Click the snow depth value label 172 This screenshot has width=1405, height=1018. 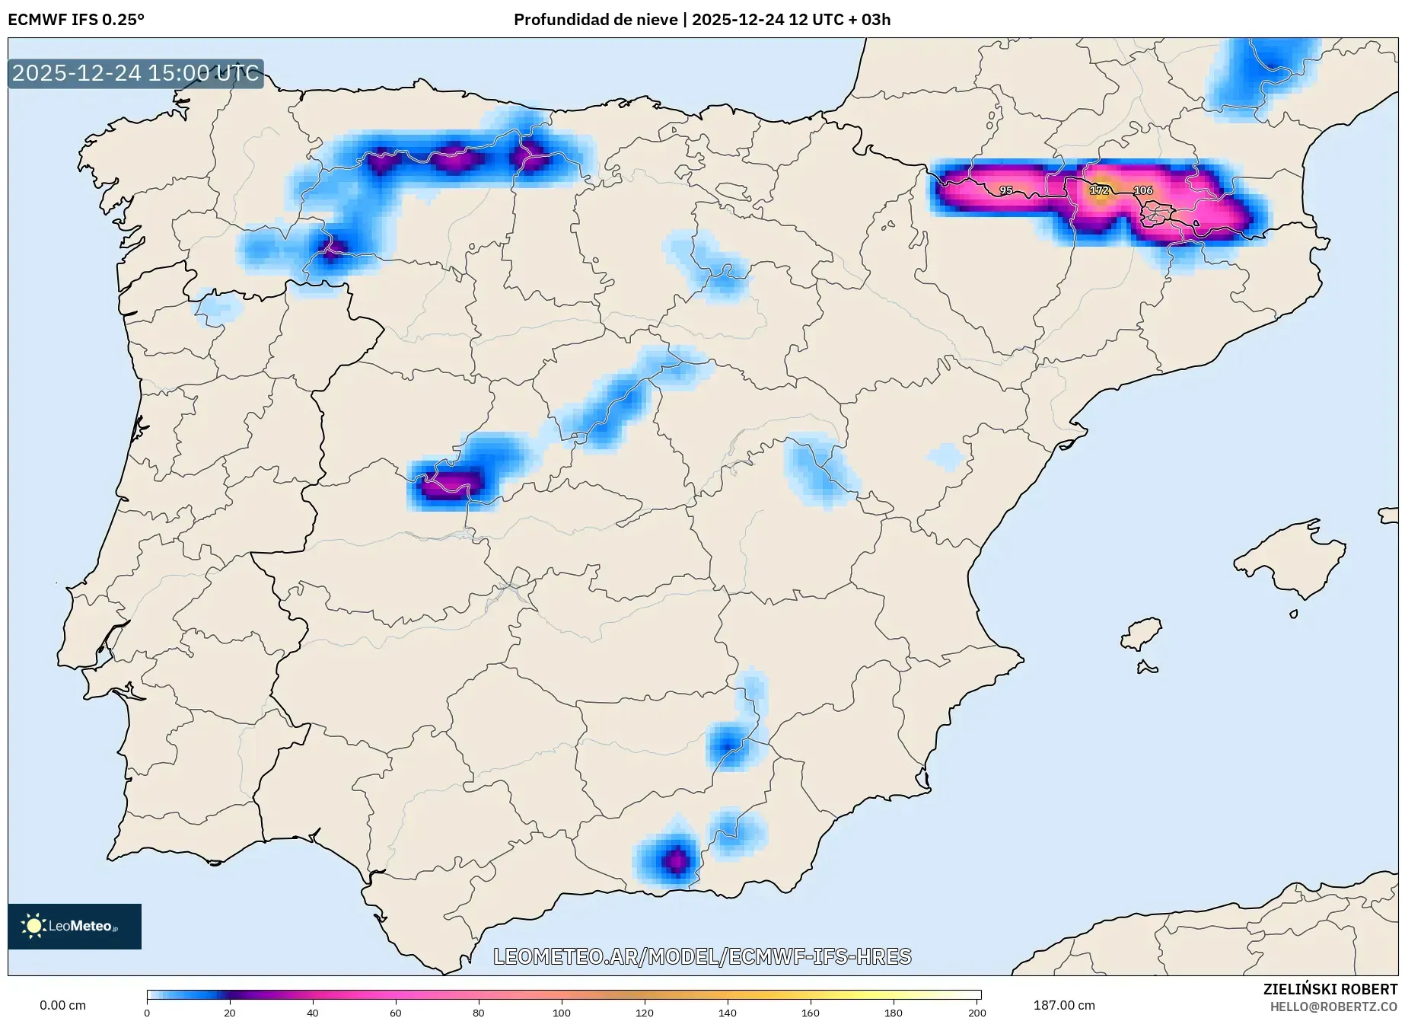(1099, 190)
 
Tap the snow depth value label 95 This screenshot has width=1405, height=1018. (1006, 190)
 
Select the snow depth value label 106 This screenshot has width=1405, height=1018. (1143, 190)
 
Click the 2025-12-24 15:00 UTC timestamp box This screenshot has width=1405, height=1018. (135, 73)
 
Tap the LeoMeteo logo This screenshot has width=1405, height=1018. (75, 926)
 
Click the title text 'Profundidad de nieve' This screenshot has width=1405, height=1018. (595, 19)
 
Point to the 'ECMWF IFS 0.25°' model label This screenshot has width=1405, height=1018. (76, 19)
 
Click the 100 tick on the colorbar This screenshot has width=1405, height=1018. (562, 1012)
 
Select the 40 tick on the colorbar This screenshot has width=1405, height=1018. (313, 1012)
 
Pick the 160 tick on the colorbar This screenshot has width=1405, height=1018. (811, 1012)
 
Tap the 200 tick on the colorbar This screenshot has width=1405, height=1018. (976, 1012)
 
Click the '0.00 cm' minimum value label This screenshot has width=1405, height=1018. (62, 1005)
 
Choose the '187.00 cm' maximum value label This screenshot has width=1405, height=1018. (1064, 1005)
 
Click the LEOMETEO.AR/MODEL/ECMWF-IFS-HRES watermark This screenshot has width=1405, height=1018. (702, 956)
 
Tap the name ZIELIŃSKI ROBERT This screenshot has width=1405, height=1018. (1330, 989)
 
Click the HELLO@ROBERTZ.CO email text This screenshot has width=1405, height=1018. (1333, 1007)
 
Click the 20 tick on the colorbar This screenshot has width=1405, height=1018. (230, 1012)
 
